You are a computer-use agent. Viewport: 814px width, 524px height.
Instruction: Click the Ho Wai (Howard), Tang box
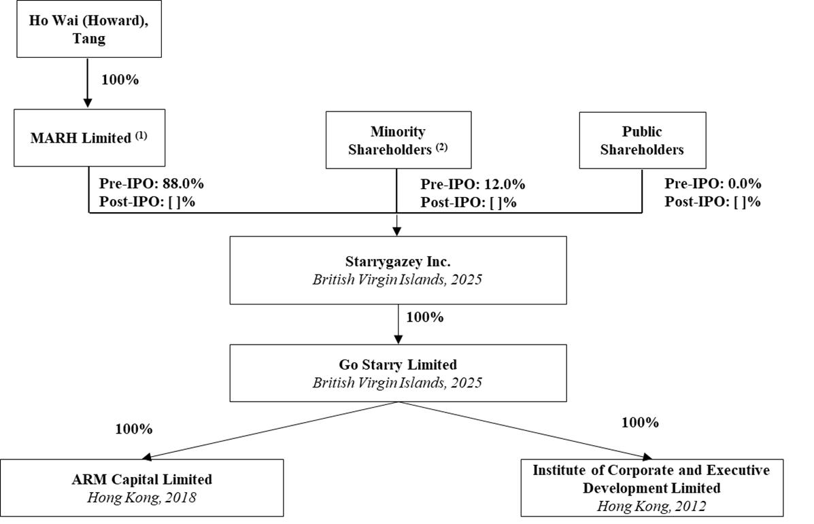(x=88, y=29)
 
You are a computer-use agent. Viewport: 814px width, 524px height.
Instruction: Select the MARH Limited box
(x=89, y=138)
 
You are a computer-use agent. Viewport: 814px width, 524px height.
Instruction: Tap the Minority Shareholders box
(x=398, y=141)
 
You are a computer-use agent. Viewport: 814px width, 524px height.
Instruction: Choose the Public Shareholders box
(x=642, y=141)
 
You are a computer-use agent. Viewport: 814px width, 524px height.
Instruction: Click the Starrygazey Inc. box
(x=398, y=270)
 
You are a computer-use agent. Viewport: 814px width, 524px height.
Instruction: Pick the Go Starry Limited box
(x=398, y=373)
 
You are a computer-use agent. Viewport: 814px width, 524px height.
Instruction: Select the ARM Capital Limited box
(x=142, y=487)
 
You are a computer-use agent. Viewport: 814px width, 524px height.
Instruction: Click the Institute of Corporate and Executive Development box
(x=651, y=487)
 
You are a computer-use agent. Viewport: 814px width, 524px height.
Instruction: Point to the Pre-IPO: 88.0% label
(x=152, y=184)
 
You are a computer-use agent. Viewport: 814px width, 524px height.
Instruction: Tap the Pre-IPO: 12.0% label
(x=473, y=184)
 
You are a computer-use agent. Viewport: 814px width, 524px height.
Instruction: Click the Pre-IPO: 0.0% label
(x=713, y=184)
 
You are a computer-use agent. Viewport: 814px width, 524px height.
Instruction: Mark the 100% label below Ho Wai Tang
(x=120, y=80)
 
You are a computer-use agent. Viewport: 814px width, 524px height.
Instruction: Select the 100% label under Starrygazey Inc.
(x=424, y=317)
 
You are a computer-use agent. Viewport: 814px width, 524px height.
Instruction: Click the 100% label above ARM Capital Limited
(x=133, y=430)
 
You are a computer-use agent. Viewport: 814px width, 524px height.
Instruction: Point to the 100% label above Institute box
(x=640, y=423)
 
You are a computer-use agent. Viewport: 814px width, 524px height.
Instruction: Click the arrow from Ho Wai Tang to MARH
(x=88, y=83)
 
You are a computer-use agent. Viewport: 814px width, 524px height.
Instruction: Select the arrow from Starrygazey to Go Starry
(x=398, y=324)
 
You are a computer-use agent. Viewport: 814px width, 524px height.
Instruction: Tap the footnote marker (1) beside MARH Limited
(x=141, y=135)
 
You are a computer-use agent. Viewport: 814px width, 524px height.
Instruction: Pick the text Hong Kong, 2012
(x=651, y=506)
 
